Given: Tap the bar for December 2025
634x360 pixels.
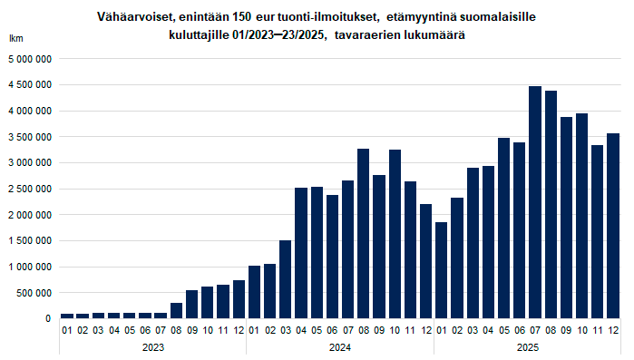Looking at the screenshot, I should tap(614, 226).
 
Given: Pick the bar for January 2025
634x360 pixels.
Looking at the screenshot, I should tap(442, 270).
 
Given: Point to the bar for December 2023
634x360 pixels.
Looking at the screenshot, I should tap(239, 299).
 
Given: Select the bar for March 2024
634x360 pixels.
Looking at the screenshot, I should tap(285, 279).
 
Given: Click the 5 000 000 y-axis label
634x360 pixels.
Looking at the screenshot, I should tap(30, 59).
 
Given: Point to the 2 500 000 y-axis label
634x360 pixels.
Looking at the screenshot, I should tap(30, 189).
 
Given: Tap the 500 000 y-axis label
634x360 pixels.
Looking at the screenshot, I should tap(35, 293).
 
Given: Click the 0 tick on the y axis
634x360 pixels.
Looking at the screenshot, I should tap(49, 319).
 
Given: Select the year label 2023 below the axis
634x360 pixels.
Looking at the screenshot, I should tap(152, 347).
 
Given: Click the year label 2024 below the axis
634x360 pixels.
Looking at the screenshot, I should tap(340, 347).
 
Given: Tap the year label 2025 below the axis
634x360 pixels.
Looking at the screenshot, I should tap(528, 347).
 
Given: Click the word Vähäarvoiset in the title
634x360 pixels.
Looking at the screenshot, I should tap(134, 17).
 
